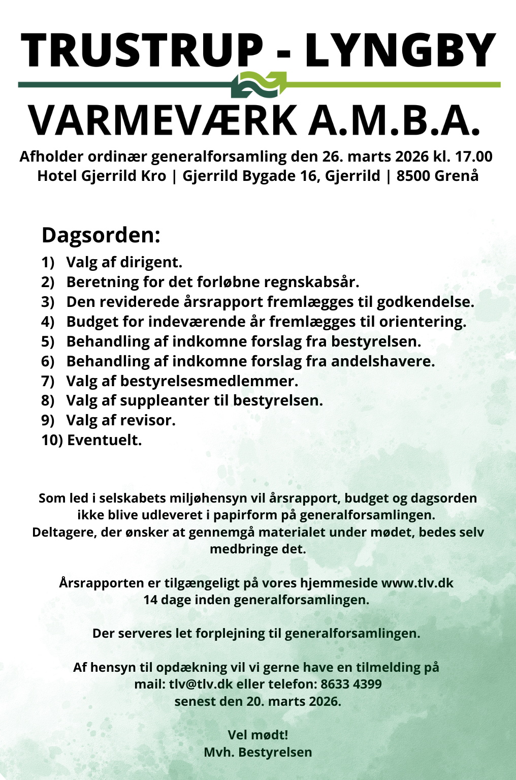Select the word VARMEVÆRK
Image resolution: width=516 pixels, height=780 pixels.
(x=163, y=120)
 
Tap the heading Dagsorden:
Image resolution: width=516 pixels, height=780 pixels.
(x=101, y=235)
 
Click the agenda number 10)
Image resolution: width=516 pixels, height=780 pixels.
(x=52, y=440)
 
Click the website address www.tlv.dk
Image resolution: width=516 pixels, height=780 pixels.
(x=417, y=583)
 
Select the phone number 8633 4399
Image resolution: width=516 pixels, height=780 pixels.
(x=351, y=684)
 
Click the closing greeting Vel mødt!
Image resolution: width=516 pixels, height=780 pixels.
(x=258, y=735)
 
